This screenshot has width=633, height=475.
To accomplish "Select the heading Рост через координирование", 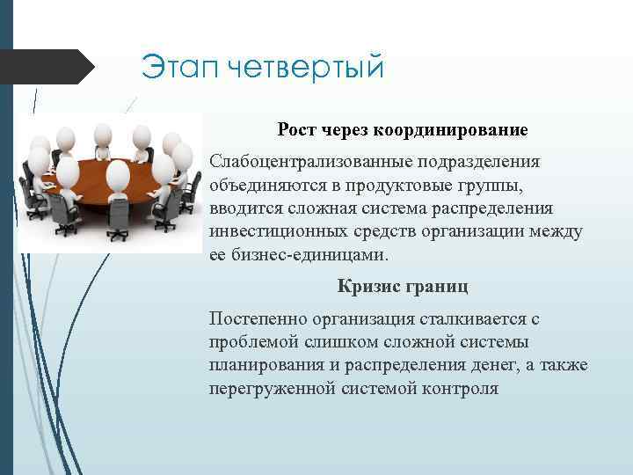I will tap(403, 130).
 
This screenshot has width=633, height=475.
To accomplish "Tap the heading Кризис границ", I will tap(403, 286).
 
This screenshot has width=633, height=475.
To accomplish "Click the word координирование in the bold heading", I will tap(452, 130).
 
